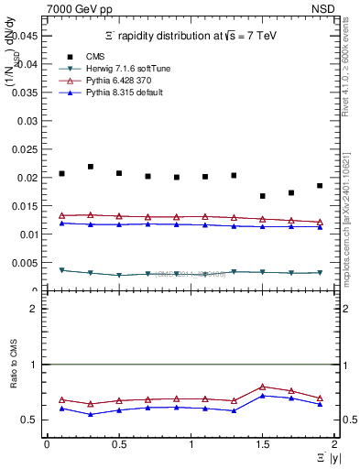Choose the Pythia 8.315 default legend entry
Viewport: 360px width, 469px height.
(x=116, y=93)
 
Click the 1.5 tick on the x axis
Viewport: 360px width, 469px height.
(x=263, y=444)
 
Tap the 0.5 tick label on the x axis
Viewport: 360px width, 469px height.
(x=118, y=444)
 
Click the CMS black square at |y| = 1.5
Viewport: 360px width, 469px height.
(x=263, y=196)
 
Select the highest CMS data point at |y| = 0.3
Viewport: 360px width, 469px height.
(x=90, y=167)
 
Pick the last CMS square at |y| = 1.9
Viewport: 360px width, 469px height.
(x=320, y=186)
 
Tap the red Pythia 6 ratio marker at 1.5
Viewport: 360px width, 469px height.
(x=263, y=387)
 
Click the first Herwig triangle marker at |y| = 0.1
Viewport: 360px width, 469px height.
(x=61, y=270)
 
